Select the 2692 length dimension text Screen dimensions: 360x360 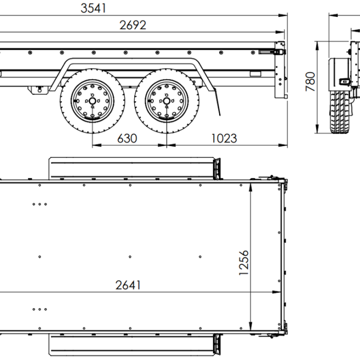click(x=133, y=25)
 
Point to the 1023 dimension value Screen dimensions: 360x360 click(x=224, y=138)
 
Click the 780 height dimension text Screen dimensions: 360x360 click(x=311, y=81)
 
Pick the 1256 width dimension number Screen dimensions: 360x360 click(x=244, y=263)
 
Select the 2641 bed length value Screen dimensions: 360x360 click(x=128, y=285)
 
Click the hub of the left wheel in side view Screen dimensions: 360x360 click(x=92, y=101)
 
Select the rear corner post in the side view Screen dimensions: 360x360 click(x=280, y=72)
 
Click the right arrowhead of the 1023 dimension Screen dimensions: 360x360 click(x=284, y=146)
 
